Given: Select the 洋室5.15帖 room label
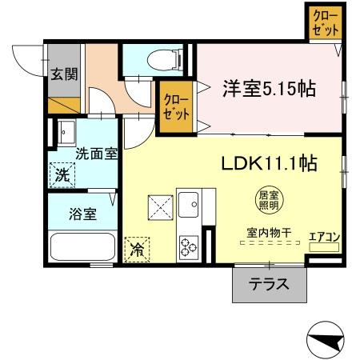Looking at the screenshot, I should click(x=268, y=88).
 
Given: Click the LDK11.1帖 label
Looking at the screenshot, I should click(x=270, y=164).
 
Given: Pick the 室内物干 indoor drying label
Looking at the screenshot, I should click(x=268, y=234).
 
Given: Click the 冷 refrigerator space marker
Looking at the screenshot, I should click(x=138, y=250).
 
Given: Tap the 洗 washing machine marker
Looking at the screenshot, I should click(x=62, y=174).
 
